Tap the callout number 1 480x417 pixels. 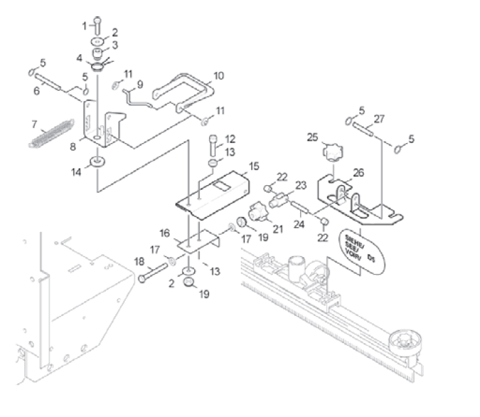[x=86, y=26]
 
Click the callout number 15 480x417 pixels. [x=253, y=165]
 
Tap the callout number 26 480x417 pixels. [x=358, y=172]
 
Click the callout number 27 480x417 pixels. [x=380, y=118]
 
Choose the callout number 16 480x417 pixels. [x=164, y=233]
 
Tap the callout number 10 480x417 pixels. [x=218, y=75]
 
